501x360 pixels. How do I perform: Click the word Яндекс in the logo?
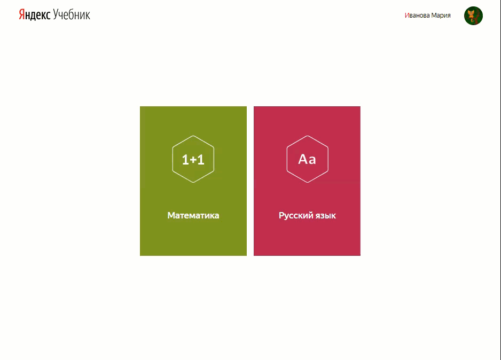tap(35, 15)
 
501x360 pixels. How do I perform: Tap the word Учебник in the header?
tap(72, 15)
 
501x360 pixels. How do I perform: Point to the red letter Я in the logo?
tap(22, 15)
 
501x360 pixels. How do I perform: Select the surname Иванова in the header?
tap(417, 15)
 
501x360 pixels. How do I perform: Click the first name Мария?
tap(441, 15)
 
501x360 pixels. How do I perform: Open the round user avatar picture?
tap(473, 15)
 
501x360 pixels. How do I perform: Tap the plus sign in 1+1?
tap(193, 160)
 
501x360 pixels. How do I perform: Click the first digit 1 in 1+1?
tap(185, 159)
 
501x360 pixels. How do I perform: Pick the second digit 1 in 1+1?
tap(201, 159)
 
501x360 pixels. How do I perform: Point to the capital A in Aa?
tap(303, 159)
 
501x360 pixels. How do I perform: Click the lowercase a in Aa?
tap(312, 160)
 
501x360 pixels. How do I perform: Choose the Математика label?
tap(193, 216)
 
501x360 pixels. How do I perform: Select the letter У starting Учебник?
tap(56, 15)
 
